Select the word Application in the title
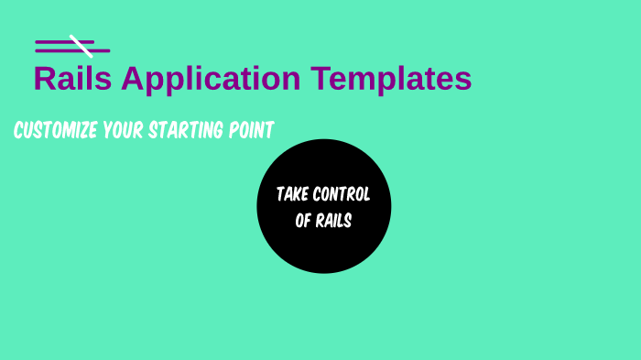(211, 80)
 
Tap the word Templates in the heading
(391, 79)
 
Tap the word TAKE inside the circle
(292, 194)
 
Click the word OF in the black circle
(303, 221)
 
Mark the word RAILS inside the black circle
(334, 221)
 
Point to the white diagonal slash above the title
(81, 46)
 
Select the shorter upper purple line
(53, 42)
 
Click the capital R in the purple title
(45, 79)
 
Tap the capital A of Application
(133, 79)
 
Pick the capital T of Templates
(319, 79)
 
